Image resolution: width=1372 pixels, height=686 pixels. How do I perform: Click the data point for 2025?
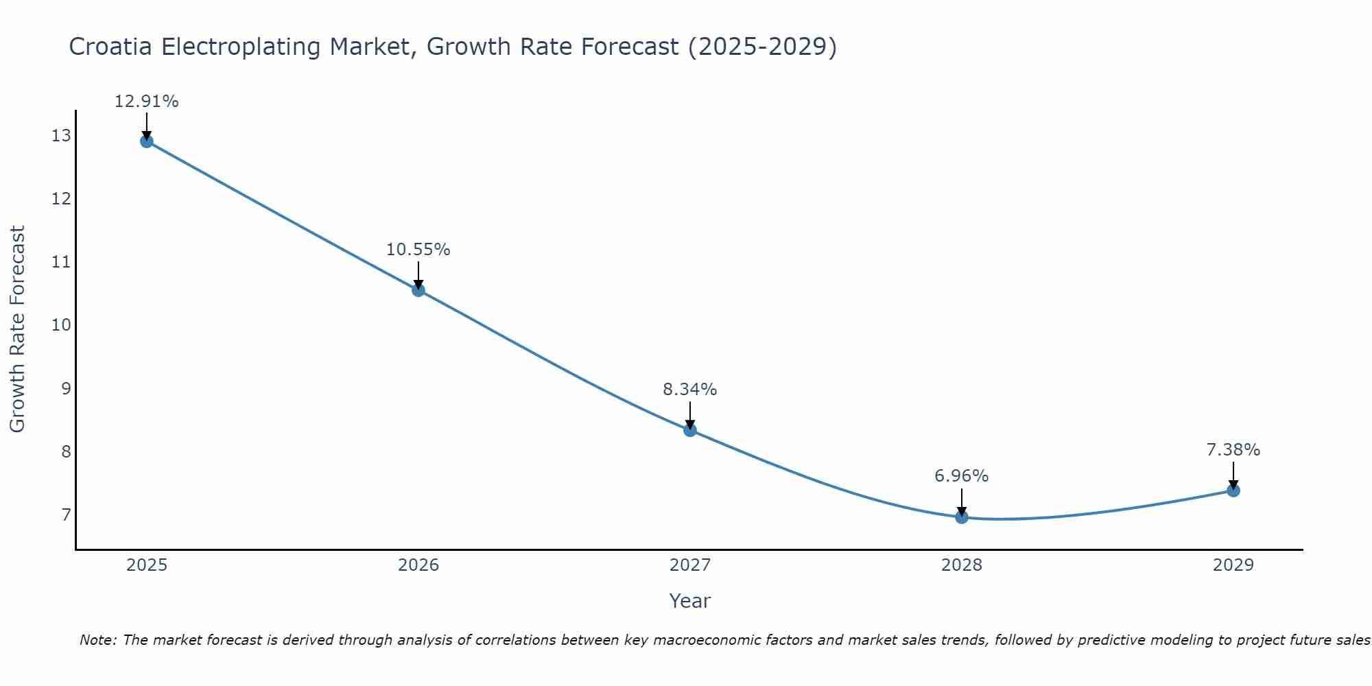146,141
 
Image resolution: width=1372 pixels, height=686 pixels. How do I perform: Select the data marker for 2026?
418,290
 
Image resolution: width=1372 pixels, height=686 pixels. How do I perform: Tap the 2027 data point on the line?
689,430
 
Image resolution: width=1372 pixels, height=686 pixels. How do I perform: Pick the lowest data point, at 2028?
961,517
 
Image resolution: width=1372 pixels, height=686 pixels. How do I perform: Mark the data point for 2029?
1233,490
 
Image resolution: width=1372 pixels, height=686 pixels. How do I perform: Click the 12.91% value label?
146,102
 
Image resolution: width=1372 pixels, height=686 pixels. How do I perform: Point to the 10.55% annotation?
418,250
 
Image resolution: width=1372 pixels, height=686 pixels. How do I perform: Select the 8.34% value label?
689,390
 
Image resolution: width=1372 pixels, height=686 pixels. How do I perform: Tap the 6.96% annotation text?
961,476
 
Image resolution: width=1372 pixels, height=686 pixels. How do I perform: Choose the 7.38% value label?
1233,450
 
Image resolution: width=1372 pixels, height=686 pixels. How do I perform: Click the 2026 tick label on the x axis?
418,565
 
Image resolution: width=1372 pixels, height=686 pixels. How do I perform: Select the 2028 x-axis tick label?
961,565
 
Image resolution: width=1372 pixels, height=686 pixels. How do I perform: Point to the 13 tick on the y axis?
61,136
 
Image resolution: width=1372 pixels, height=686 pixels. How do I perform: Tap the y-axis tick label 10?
61,325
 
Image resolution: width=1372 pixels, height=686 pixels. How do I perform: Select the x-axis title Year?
689,601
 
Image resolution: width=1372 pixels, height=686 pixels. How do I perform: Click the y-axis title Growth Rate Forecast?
17,329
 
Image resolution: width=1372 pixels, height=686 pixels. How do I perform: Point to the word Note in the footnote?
97,640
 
